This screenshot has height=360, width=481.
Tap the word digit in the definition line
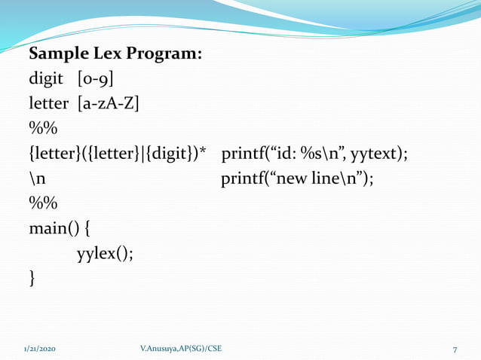[x=47, y=79]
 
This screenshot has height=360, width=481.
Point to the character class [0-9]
[x=96, y=79]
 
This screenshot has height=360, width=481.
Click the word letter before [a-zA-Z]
[x=50, y=103]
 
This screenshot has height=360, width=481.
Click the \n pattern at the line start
[x=37, y=178]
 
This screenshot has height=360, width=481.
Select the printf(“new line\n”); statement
[x=297, y=178]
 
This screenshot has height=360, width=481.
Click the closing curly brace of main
[x=32, y=278]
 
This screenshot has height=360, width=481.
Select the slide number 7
[x=455, y=349]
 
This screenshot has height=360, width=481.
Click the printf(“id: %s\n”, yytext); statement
[x=314, y=154]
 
